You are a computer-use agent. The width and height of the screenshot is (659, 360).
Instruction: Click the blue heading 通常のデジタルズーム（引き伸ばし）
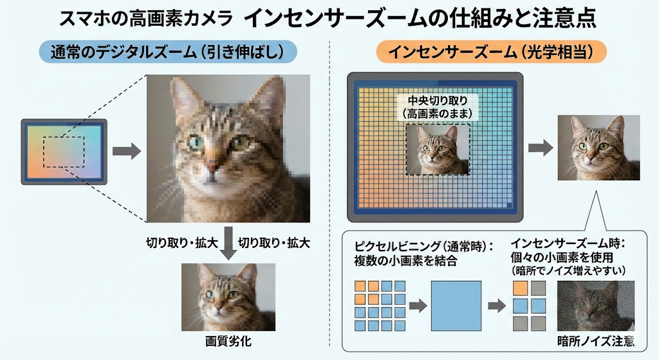[x=167, y=52]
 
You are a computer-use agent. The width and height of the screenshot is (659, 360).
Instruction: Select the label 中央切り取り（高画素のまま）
[x=438, y=107]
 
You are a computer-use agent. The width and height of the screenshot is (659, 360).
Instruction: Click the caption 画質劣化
[x=228, y=341]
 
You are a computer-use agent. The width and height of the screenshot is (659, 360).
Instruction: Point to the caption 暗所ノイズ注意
[x=595, y=341]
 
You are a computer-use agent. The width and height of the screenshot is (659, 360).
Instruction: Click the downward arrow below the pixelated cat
[x=228, y=243]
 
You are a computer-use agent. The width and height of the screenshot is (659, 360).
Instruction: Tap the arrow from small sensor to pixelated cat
[x=127, y=151]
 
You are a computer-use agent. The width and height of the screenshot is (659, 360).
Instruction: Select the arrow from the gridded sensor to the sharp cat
[x=541, y=147]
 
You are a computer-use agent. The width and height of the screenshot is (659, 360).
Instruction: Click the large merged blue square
[x=456, y=306]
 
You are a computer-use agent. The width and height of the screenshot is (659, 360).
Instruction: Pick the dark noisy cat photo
[x=595, y=306]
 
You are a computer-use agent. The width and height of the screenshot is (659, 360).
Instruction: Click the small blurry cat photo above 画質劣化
[x=228, y=297]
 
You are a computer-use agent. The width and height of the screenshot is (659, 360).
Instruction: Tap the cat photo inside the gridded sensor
[x=438, y=149]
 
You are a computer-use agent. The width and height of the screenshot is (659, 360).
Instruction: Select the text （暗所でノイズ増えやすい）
[x=568, y=270]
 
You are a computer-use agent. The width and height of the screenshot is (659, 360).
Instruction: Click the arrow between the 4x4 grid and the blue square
[x=418, y=306]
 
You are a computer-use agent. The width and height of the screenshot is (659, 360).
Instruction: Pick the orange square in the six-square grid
[x=520, y=288]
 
